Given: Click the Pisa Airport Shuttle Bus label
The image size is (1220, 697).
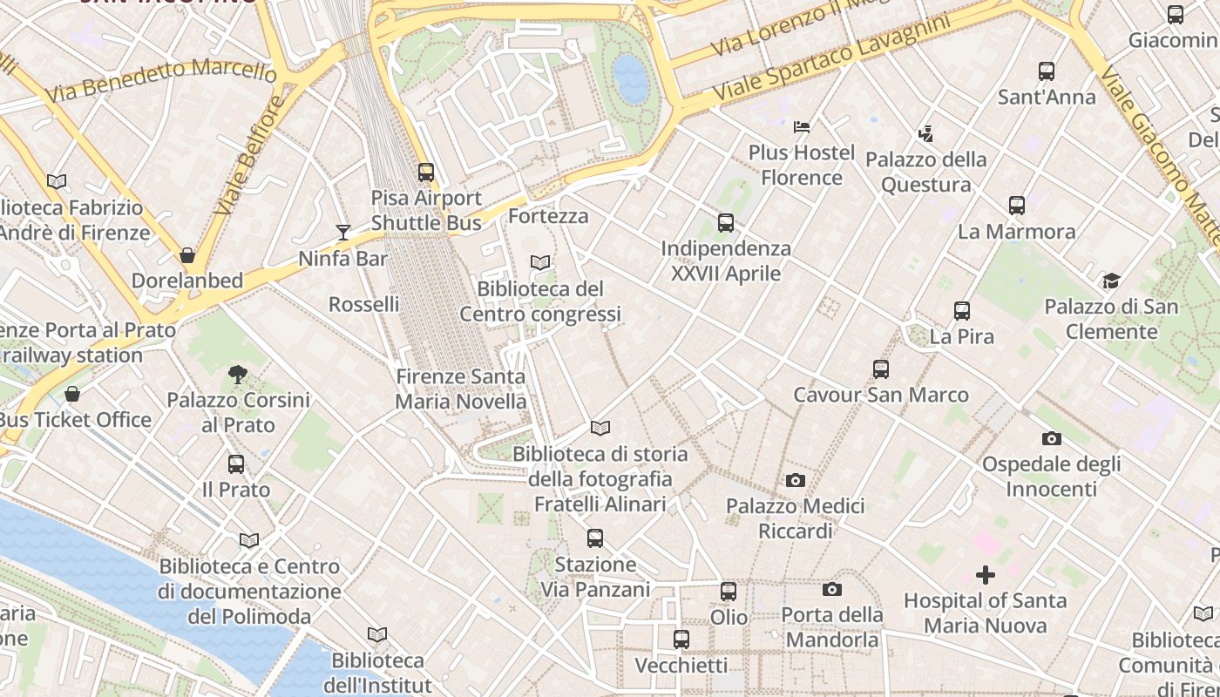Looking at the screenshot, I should coord(426,210).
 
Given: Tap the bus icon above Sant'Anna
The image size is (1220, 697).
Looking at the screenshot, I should coord(1047,71).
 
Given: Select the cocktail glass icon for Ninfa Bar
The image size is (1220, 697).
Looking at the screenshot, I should coord(343,232).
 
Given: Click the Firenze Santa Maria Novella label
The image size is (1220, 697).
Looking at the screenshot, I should coord(461,389).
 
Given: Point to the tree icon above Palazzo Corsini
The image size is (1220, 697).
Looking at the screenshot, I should coord(237,375).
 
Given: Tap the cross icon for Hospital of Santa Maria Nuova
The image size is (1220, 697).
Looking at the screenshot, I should coord(986,575).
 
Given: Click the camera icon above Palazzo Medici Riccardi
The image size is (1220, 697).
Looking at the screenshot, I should coord(795,480).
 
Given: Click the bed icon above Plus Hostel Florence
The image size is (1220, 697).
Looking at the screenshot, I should coord(802,127).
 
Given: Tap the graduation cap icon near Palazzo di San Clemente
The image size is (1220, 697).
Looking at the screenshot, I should coord(1111,281).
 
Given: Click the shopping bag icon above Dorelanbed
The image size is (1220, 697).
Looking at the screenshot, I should coord(186,255).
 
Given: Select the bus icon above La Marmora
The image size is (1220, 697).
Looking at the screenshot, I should coord(1016,206).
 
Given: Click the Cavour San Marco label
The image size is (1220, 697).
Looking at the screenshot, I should coord(880,395).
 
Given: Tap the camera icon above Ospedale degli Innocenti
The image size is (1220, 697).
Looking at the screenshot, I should coord(1051,438).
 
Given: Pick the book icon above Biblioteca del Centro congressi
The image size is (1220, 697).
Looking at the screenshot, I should coord(540,262).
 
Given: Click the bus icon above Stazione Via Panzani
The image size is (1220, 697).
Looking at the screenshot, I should coord(595,538).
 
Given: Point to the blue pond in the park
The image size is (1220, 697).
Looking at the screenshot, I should coord(632,78).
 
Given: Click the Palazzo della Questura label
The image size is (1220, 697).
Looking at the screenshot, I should coord(925,172).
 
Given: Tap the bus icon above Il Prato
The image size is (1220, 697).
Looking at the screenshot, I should coord(236,464).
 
